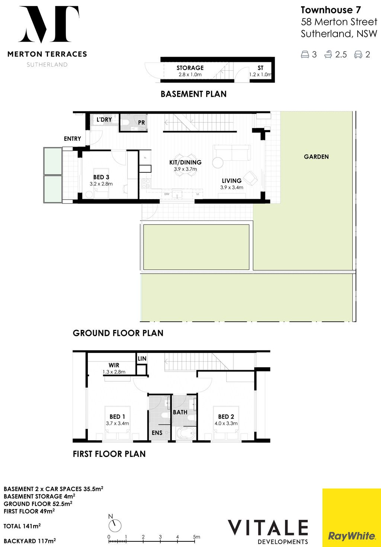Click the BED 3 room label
pos(101,177)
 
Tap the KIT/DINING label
pos(185,162)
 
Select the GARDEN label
pos(316,156)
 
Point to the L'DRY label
pos(104,120)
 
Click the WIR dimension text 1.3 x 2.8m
pos(114,372)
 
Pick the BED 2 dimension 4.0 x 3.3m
pos(226,423)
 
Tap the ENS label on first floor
pos(157,433)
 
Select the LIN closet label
pos(142,359)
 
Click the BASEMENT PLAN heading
pos(193,94)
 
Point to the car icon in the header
pos(358,54)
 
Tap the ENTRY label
pos(73,139)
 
